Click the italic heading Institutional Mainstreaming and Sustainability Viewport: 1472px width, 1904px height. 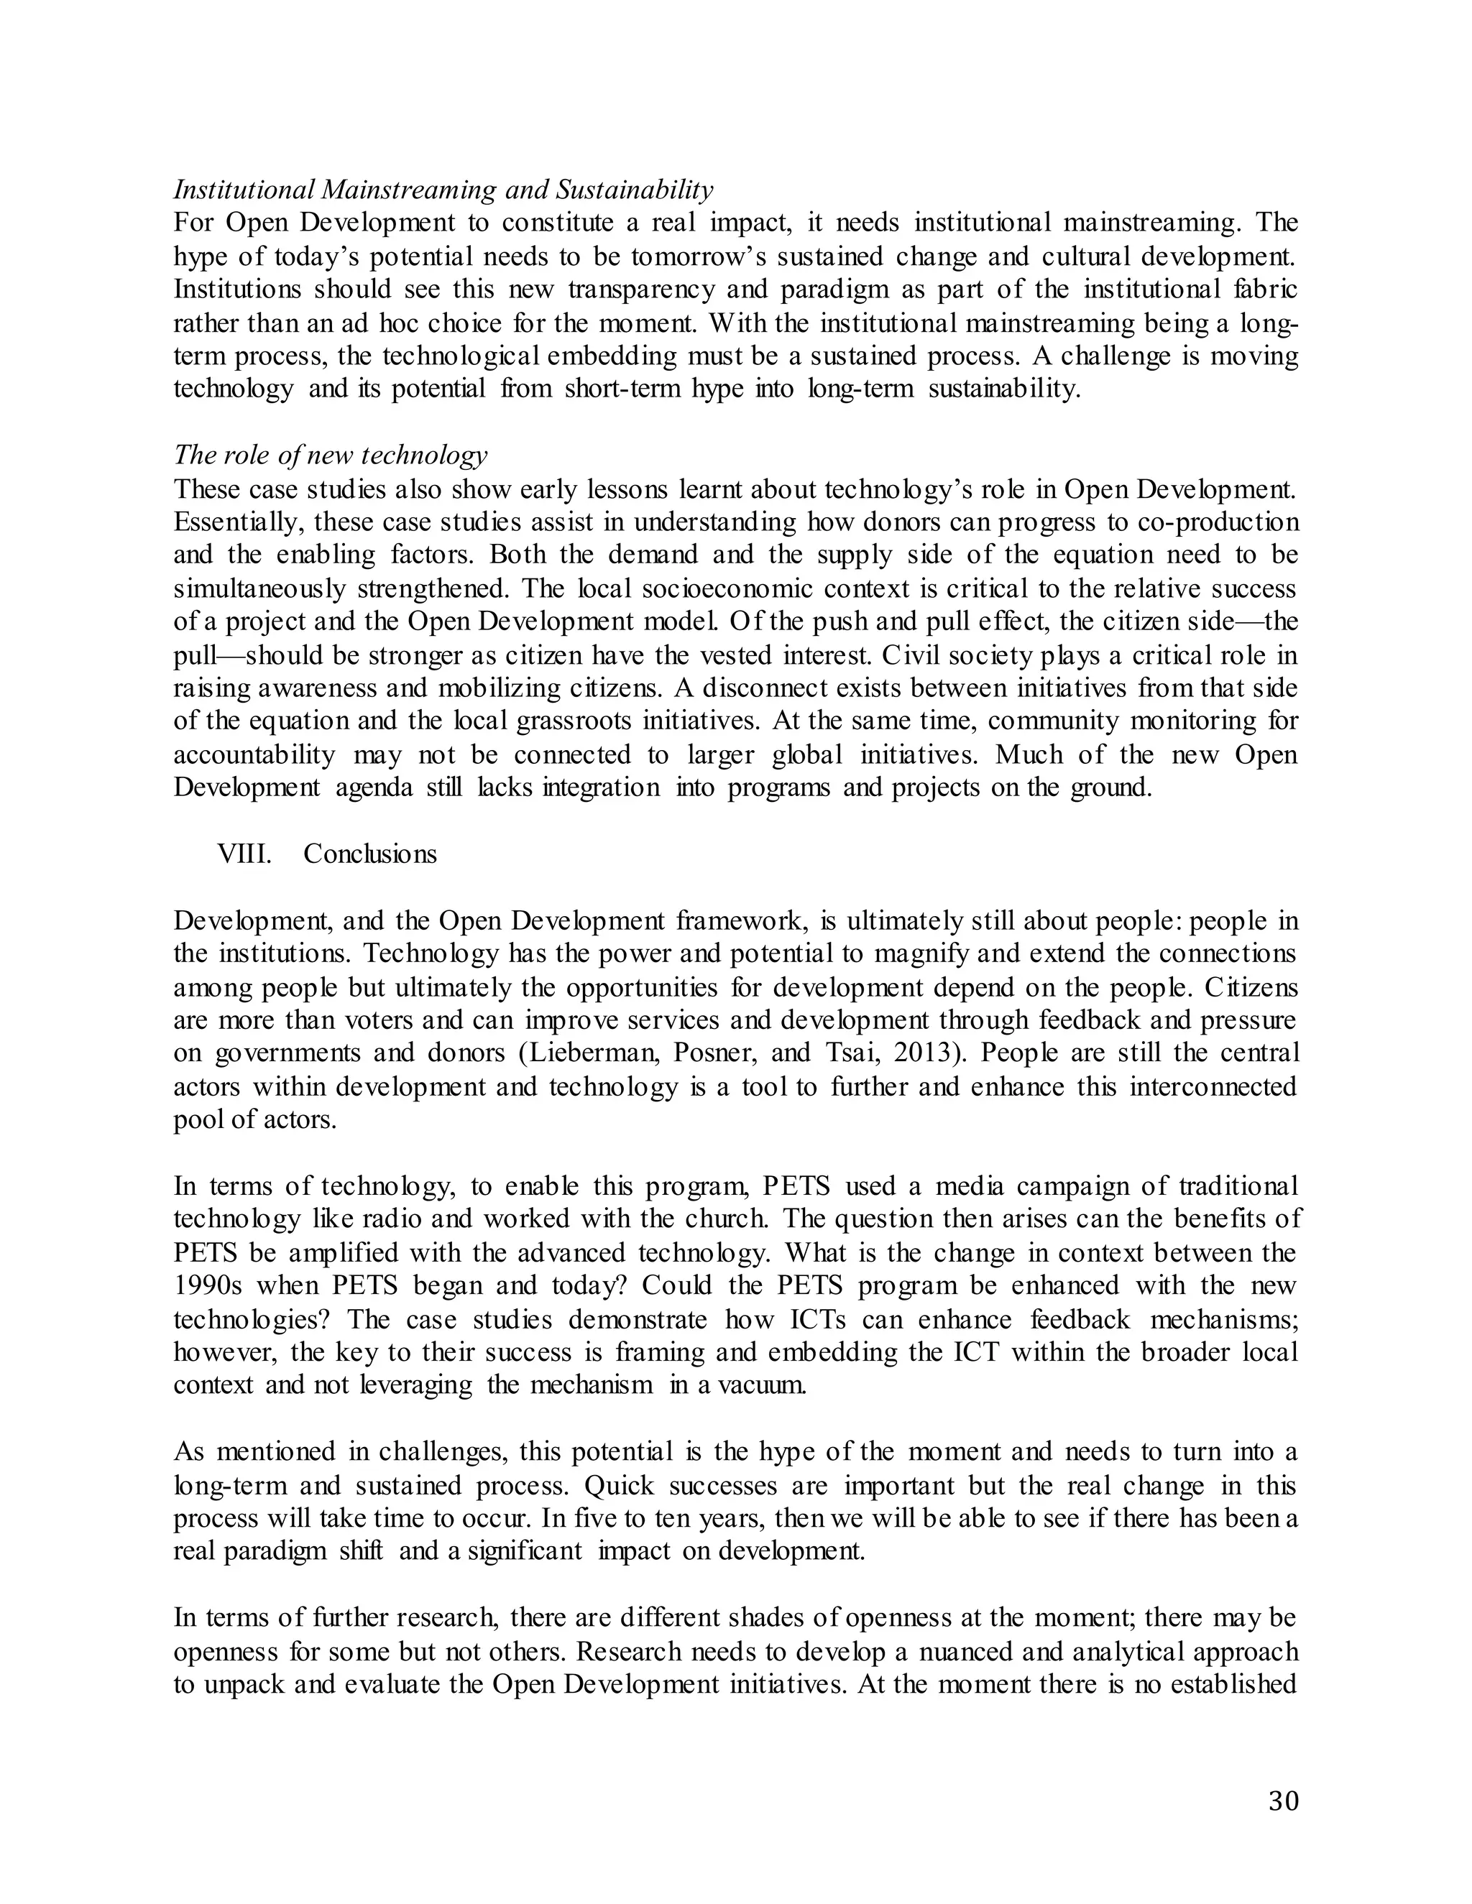(x=443, y=189)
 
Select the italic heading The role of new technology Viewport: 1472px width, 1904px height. (x=330, y=454)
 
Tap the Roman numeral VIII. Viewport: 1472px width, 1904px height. (x=244, y=854)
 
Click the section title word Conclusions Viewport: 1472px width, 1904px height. (x=369, y=854)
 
